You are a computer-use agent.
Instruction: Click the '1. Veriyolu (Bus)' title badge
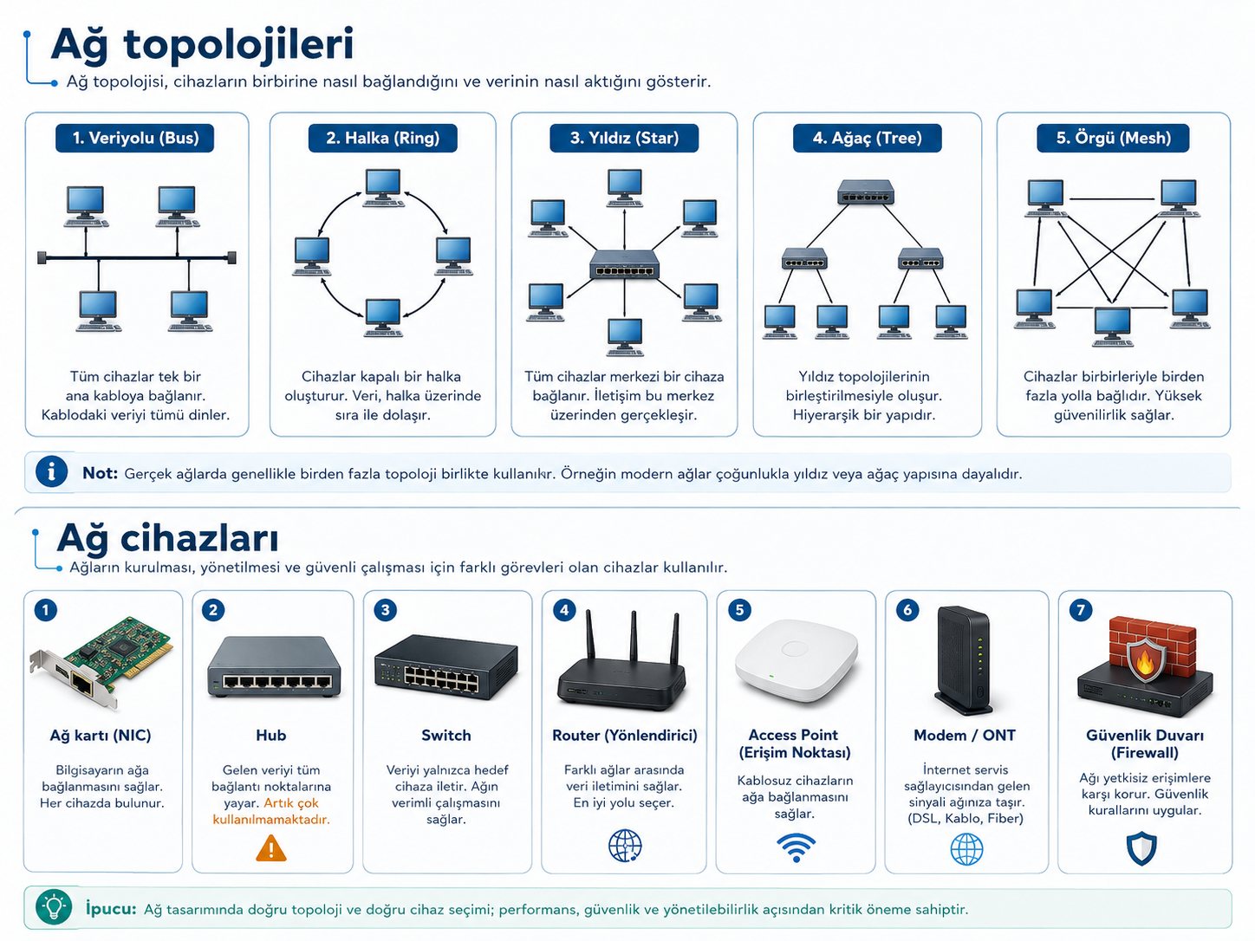tap(135, 138)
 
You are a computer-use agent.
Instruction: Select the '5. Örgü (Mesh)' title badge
tap(1113, 138)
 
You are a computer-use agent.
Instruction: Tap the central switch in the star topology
tap(624, 264)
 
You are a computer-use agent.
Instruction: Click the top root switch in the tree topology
tap(866, 192)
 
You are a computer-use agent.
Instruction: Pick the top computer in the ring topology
tap(383, 187)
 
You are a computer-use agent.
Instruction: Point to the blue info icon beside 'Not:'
tap(51, 472)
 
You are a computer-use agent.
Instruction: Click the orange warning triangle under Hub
tap(271, 848)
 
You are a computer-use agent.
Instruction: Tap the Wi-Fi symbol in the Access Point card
tap(796, 847)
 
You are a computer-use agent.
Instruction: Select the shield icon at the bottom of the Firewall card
tap(1141, 848)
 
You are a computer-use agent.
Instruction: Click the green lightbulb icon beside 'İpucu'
tap(54, 906)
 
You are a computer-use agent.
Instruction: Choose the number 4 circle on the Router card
tap(564, 610)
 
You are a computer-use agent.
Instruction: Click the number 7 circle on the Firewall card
tap(1081, 610)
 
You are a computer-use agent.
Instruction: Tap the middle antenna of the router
tap(634, 637)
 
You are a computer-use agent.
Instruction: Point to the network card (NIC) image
tap(101, 662)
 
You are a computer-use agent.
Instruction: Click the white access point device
tap(796, 660)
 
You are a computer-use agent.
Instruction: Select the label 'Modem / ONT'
tap(965, 736)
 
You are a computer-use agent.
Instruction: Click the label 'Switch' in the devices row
tap(446, 736)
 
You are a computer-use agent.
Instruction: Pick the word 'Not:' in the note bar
tap(100, 473)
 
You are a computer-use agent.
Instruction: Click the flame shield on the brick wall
tap(1145, 660)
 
